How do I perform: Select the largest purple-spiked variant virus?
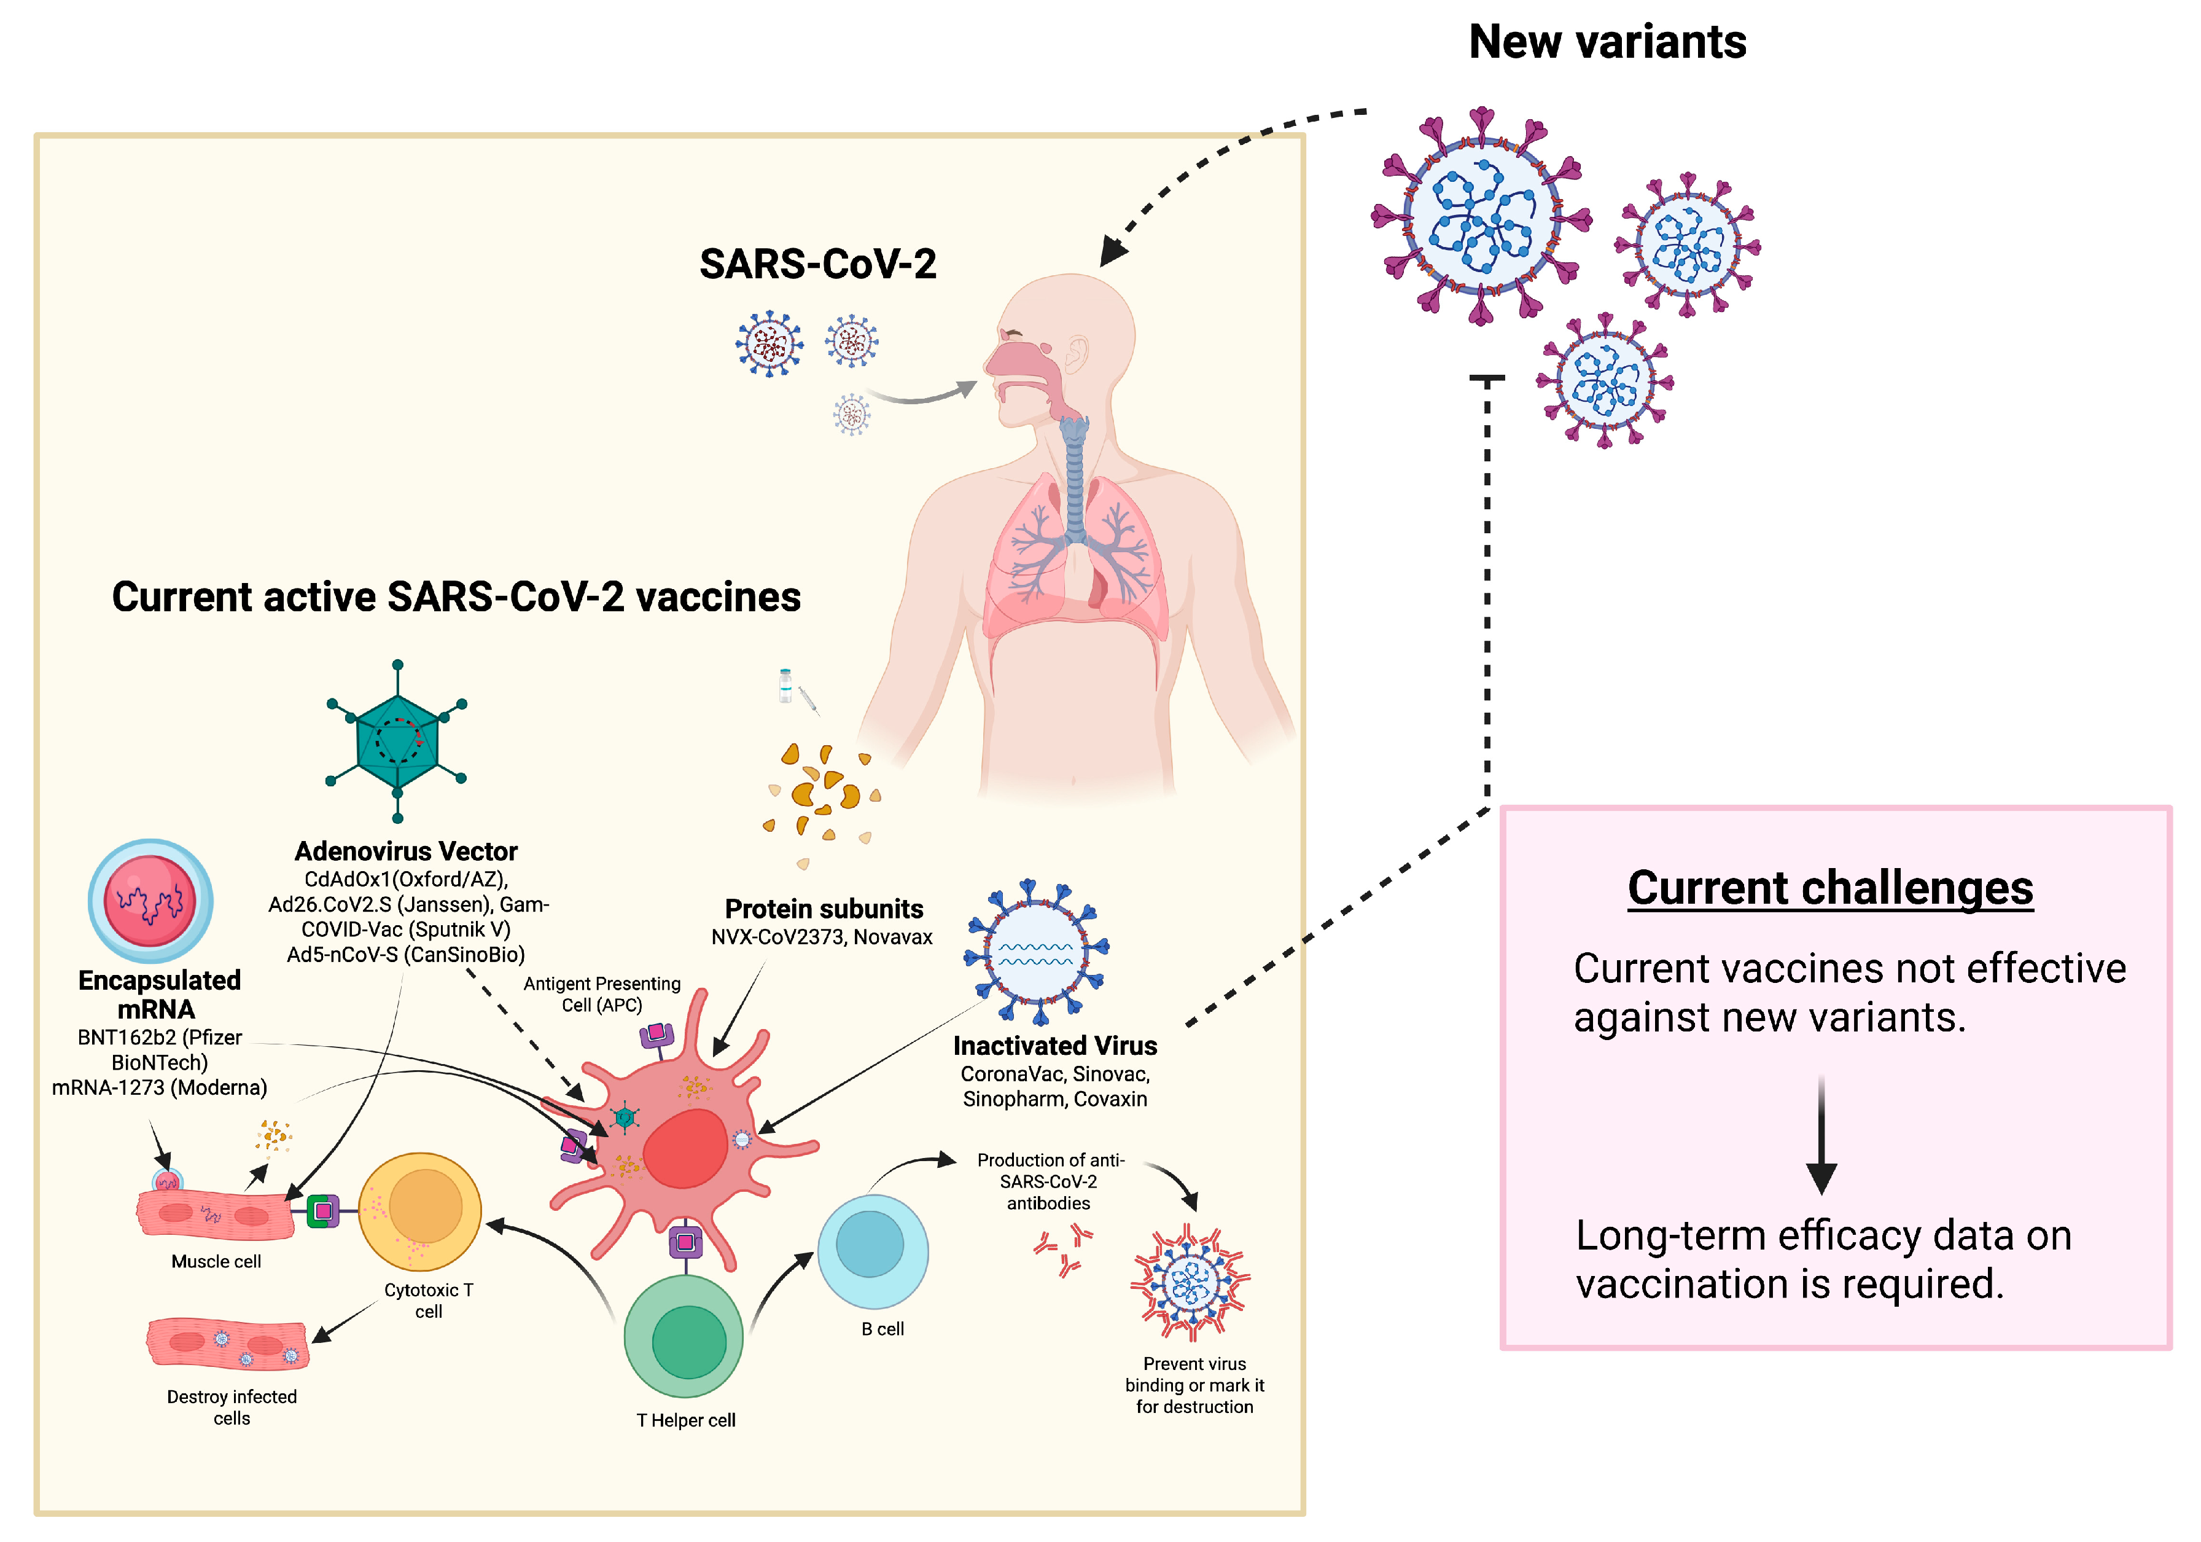click(x=1482, y=217)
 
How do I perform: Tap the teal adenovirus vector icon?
click(x=397, y=740)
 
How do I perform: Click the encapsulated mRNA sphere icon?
click(x=150, y=901)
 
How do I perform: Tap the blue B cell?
click(x=872, y=1250)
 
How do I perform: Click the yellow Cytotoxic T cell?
click(x=420, y=1211)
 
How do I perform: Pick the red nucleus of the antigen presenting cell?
click(x=685, y=1149)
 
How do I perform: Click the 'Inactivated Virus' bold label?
click(x=1054, y=1045)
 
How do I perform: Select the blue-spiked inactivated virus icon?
click(x=1036, y=951)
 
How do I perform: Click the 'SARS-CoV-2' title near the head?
click(x=818, y=264)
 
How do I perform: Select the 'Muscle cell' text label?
click(x=216, y=1261)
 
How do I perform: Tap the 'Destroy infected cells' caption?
click(x=232, y=1407)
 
